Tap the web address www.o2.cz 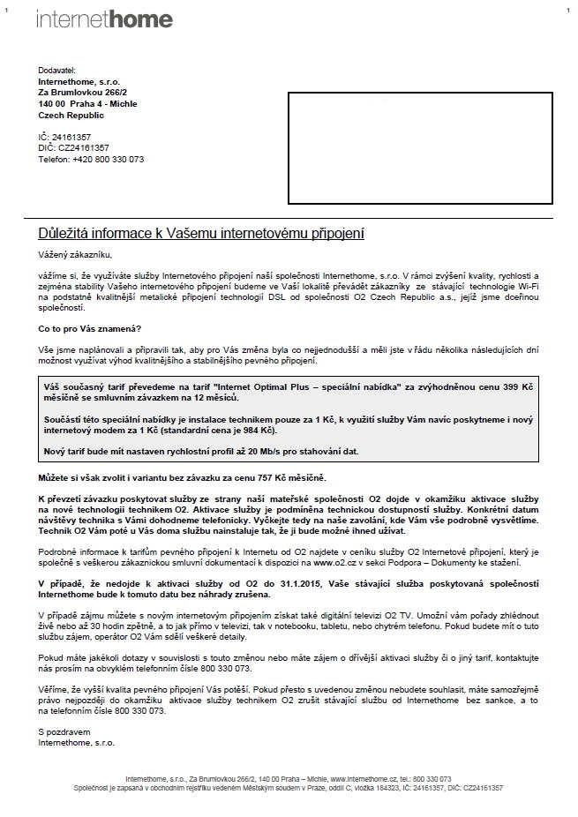pos(327,562)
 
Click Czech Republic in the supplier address pos(71,115)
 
